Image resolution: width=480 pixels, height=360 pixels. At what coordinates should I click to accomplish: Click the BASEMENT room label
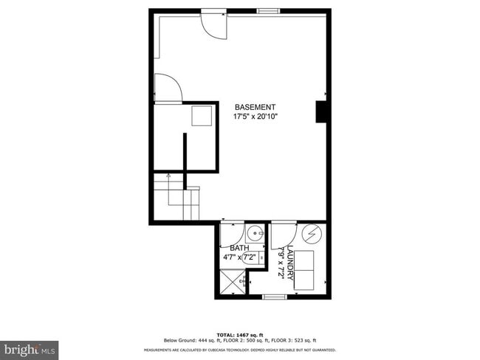coord(256,106)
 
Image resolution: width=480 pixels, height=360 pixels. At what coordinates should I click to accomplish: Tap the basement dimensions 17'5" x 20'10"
coord(256,116)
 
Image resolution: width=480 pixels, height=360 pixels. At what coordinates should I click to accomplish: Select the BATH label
coord(239,248)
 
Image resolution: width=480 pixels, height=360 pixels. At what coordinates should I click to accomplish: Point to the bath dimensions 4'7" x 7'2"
coord(239,257)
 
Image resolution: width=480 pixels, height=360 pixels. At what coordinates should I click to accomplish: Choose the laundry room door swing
coord(281,233)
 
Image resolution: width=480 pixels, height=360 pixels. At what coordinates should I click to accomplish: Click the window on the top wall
coord(268,11)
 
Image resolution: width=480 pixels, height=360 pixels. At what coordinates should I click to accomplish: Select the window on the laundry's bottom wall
coord(274,297)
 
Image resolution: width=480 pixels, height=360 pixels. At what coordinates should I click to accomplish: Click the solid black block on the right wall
coord(322,111)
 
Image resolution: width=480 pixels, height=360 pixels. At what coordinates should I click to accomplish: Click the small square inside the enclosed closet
coord(201,117)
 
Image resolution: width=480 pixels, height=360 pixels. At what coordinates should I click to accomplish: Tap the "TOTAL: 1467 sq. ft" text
coord(239,334)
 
